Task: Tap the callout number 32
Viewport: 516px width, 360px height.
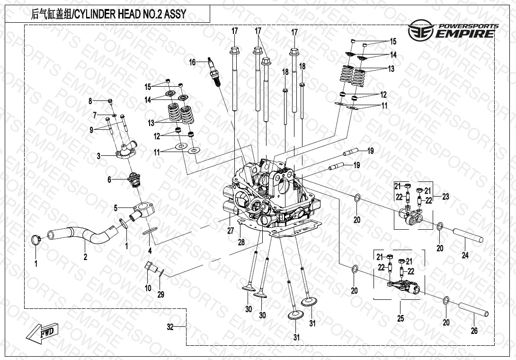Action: tap(170, 326)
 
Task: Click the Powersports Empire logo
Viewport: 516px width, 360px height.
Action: tap(453, 31)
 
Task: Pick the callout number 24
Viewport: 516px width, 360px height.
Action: tap(465, 255)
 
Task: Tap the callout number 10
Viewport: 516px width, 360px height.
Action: tap(148, 288)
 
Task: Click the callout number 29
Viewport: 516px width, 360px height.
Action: tap(160, 294)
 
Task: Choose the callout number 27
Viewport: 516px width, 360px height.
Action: tap(231, 231)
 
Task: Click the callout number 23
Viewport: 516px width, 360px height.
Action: tap(445, 196)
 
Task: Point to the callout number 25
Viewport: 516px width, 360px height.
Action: tap(400, 318)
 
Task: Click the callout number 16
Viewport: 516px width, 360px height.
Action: tap(192, 62)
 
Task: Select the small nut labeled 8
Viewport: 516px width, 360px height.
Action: tap(109, 100)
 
